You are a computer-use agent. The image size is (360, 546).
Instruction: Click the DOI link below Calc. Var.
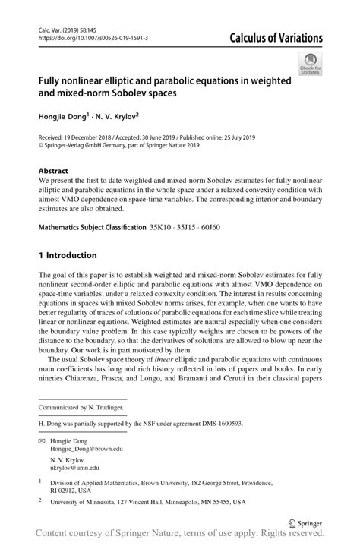coord(93,37)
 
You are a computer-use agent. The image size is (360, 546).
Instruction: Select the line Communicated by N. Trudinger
coord(82,408)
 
